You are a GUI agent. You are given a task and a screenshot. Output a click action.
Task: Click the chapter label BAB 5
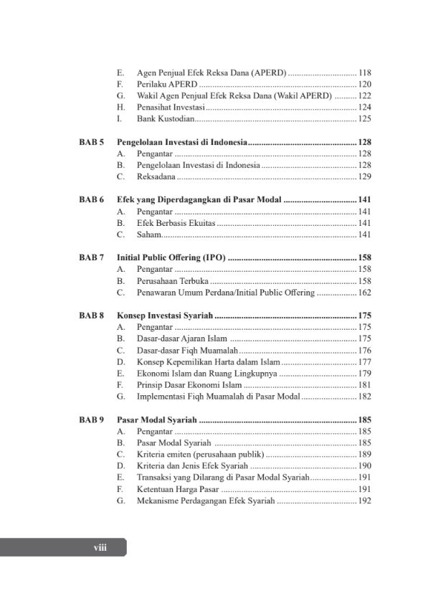point(92,142)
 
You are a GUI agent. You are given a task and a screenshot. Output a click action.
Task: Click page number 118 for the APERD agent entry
point(364,72)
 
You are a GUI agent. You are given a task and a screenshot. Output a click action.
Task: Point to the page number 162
point(364,293)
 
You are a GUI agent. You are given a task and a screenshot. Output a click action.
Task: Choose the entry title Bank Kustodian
point(163,119)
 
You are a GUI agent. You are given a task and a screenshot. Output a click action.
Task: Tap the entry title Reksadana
point(156,176)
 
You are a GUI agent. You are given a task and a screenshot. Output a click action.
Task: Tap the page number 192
point(364,500)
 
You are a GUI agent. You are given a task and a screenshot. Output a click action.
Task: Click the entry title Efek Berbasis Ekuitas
point(175,223)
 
